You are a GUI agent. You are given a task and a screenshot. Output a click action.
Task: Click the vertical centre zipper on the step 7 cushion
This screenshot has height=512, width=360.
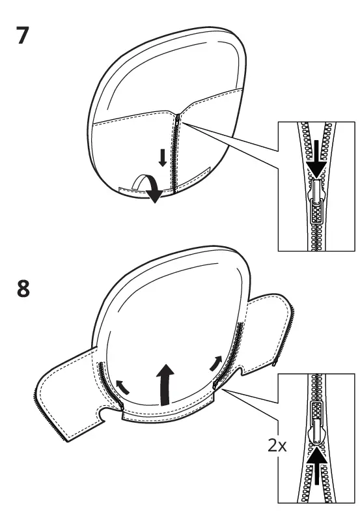coord(174,156)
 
